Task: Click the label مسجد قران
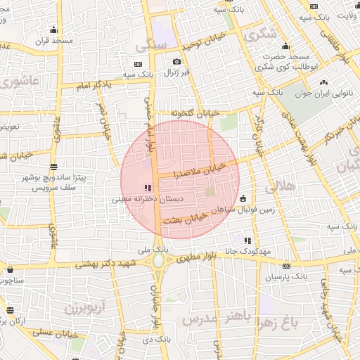57,41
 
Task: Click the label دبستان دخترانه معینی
147,200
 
